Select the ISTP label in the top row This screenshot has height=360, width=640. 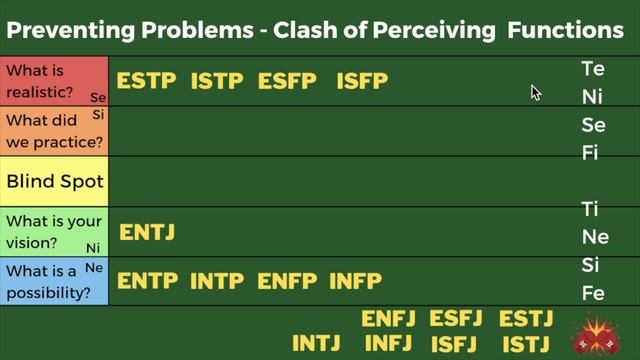(x=218, y=81)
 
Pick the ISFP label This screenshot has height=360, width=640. (x=362, y=81)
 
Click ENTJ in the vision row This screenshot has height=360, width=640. (x=147, y=232)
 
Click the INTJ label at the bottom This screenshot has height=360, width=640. (x=319, y=343)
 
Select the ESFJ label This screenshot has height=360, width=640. (x=456, y=319)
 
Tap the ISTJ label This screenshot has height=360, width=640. (x=526, y=343)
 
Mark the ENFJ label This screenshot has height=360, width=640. (x=388, y=319)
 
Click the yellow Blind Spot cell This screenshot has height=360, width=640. (x=54, y=182)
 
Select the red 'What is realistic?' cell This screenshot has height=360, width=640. (x=54, y=82)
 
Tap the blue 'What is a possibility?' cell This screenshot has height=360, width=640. (x=54, y=282)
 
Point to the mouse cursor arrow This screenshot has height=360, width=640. (x=535, y=92)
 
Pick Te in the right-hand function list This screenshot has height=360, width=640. (x=593, y=70)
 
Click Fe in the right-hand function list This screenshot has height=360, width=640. (x=593, y=293)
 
